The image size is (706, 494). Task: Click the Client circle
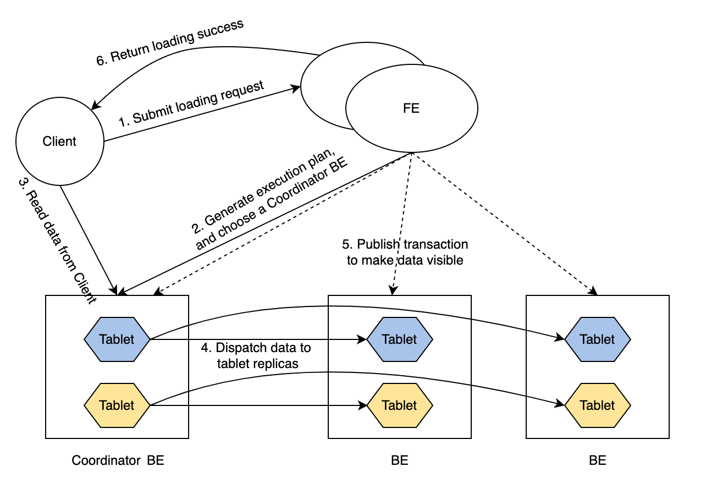(x=59, y=141)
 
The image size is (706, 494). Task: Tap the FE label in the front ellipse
(x=411, y=108)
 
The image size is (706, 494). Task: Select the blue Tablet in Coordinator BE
(x=117, y=339)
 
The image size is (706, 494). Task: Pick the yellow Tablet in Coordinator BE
(x=117, y=405)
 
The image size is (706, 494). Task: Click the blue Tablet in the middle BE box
(x=400, y=339)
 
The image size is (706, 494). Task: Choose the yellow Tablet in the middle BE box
(x=400, y=405)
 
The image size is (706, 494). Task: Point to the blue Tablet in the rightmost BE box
(x=597, y=339)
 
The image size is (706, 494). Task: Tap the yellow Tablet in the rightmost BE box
(x=597, y=405)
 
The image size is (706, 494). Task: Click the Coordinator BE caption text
(x=118, y=460)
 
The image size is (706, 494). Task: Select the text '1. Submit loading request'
(x=191, y=104)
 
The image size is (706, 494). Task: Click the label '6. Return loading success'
(x=169, y=42)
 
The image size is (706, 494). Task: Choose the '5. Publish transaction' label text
(x=405, y=244)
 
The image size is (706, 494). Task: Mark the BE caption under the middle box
(x=400, y=460)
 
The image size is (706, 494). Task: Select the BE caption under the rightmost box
(x=597, y=460)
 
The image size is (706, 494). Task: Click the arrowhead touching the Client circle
(x=95, y=105)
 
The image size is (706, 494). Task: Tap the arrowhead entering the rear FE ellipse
(x=297, y=87)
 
